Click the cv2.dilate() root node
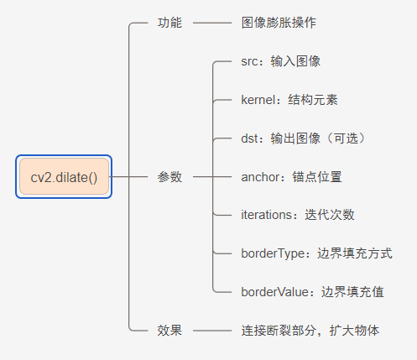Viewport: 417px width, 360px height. [64, 177]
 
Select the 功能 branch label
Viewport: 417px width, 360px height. [169, 23]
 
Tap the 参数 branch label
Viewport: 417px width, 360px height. [169, 177]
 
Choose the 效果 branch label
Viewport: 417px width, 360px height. [169, 331]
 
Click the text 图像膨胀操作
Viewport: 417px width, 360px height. [279, 23]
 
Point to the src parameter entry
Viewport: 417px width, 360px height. [281, 61]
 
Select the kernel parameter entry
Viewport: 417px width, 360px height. [289, 100]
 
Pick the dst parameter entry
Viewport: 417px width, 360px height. [304, 138]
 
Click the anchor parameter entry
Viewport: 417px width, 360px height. [291, 177]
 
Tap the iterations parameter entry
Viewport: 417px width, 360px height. [298, 215]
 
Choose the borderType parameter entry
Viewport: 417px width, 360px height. [317, 253]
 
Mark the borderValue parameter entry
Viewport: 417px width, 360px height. [312, 292]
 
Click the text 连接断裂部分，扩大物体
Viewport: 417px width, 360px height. [310, 331]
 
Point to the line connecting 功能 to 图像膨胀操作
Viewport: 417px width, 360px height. [212, 23]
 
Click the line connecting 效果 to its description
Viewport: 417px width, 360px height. [212, 331]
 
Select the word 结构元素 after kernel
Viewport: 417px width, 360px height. [313, 100]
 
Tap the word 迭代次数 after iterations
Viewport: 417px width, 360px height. [330, 215]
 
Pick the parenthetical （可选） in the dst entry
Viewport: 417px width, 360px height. [346, 138]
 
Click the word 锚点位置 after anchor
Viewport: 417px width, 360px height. [317, 177]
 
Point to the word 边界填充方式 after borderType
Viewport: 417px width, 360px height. [355, 253]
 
